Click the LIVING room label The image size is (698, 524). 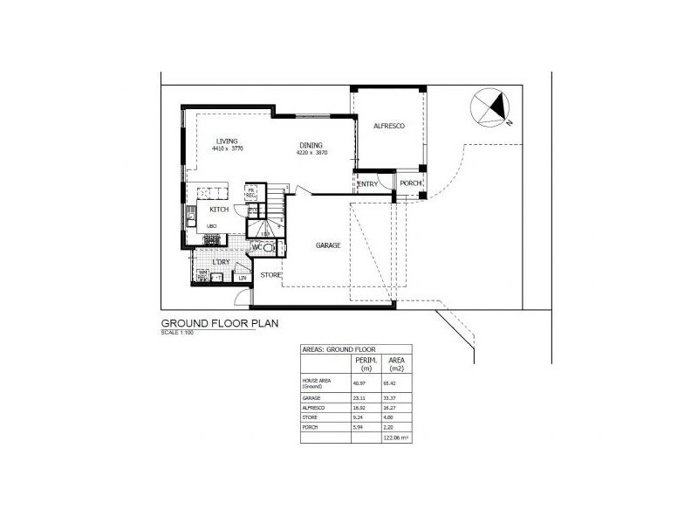[x=228, y=141]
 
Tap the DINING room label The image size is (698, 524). [x=311, y=145]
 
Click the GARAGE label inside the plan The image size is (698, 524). [x=327, y=245]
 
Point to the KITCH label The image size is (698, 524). [x=219, y=210]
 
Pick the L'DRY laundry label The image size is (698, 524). [x=222, y=262]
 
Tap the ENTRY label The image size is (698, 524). [x=367, y=184]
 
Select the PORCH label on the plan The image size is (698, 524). [x=410, y=183]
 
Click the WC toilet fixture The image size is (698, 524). [x=269, y=249]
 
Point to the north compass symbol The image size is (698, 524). [x=491, y=109]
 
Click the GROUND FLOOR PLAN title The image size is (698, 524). [x=220, y=323]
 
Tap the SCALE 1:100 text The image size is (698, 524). [x=178, y=332]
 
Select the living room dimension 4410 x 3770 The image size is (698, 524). [x=227, y=149]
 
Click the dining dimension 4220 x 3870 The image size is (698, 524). [x=311, y=153]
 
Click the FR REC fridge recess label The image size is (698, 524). [x=251, y=193]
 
